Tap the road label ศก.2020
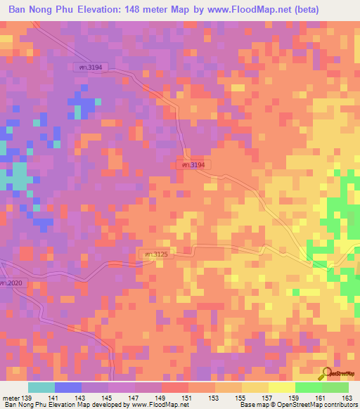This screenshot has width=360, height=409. click(x=11, y=283)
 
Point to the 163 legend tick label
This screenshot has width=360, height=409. click(x=347, y=398)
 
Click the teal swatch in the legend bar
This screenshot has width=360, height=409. click(x=41, y=387)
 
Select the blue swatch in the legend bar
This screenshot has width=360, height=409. click(x=68, y=387)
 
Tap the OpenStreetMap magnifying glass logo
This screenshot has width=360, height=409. click(x=326, y=374)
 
